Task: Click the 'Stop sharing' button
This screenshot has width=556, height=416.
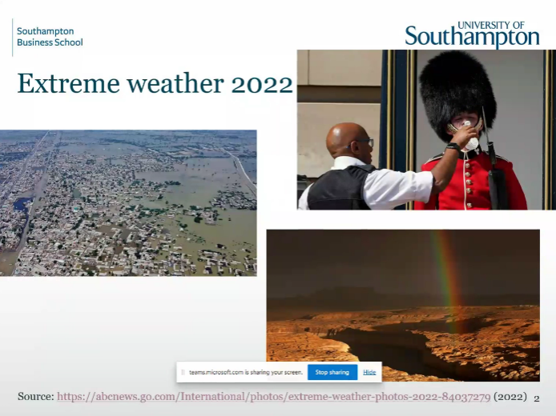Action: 332,372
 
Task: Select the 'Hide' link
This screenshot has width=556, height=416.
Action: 369,372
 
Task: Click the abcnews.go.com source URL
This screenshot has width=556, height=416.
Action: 274,397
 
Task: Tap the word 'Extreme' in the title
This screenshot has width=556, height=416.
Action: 68,83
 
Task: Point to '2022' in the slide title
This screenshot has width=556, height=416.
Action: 262,84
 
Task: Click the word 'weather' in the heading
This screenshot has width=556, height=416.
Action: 175,83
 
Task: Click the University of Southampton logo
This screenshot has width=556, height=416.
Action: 472,34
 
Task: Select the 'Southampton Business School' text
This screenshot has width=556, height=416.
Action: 50,37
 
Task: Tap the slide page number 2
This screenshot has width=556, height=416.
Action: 537,398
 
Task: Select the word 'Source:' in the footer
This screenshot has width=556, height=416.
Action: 36,396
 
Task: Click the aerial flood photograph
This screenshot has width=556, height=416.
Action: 128,203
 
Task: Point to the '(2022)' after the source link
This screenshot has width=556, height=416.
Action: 510,397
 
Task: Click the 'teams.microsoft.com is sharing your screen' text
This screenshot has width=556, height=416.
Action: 246,373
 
